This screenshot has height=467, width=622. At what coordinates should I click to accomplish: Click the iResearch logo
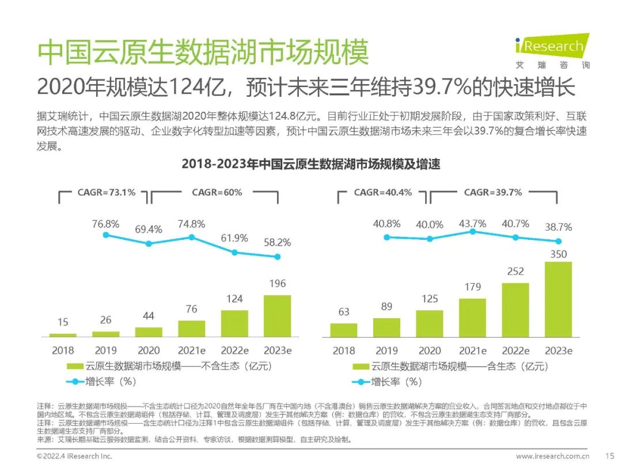click(552, 51)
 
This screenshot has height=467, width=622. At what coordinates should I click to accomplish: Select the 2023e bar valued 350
click(558, 299)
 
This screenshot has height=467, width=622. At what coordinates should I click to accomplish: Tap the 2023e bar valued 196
click(277, 316)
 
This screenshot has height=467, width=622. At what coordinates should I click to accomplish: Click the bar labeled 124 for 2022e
click(234, 323)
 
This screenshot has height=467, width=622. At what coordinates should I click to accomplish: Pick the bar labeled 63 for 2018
click(344, 330)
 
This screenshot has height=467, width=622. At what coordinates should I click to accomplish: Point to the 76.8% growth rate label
click(105, 224)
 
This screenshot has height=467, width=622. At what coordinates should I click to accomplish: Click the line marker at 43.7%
click(472, 231)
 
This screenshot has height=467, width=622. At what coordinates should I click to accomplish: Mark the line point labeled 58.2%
click(277, 257)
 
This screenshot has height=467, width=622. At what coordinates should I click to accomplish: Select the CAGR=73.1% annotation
click(107, 193)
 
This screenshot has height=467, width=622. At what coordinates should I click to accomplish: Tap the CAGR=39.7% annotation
click(493, 193)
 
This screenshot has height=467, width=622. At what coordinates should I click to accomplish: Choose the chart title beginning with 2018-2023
click(311, 164)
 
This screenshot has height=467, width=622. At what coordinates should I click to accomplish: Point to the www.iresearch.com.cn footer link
click(552, 456)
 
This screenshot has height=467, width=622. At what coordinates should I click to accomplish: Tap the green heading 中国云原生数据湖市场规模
click(203, 54)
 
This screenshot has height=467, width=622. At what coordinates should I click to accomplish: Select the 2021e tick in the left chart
click(192, 351)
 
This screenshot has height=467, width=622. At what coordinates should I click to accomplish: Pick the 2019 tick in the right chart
click(386, 351)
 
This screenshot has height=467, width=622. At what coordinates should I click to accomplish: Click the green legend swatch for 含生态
click(361, 366)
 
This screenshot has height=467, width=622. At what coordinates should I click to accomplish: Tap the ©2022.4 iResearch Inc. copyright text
click(74, 456)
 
